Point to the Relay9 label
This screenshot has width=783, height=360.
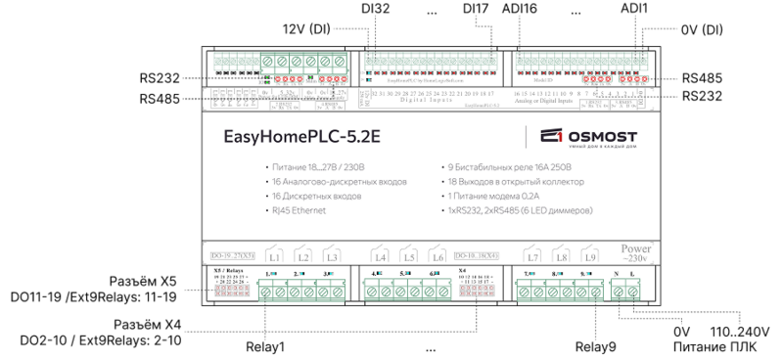coord(595,346)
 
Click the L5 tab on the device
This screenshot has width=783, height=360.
coord(410,257)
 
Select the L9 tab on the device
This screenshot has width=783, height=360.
coord(587,257)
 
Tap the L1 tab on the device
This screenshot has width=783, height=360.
coord(275,257)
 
